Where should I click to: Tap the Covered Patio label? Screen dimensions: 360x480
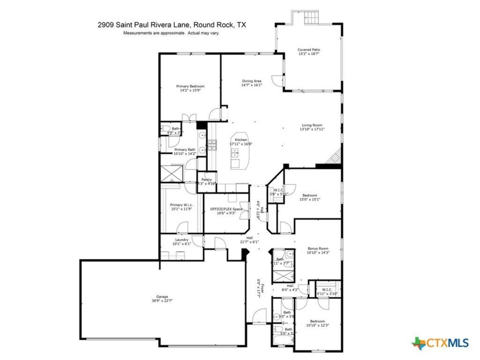tap(309, 50)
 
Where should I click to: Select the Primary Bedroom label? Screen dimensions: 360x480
tap(190, 86)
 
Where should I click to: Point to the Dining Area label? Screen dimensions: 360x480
tap(252, 81)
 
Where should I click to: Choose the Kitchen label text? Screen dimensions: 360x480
tap(241, 140)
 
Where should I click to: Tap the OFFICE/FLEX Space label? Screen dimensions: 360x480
tap(226, 209)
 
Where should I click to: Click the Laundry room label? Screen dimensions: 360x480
tap(182, 240)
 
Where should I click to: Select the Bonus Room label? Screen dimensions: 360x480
tap(318, 249)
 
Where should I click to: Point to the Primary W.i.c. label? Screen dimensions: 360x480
tap(181, 205)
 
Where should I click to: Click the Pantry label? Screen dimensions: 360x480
tap(206, 180)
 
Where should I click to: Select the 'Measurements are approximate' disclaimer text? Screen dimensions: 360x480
tap(171, 33)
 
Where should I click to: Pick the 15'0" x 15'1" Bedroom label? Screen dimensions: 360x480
tap(311, 195)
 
